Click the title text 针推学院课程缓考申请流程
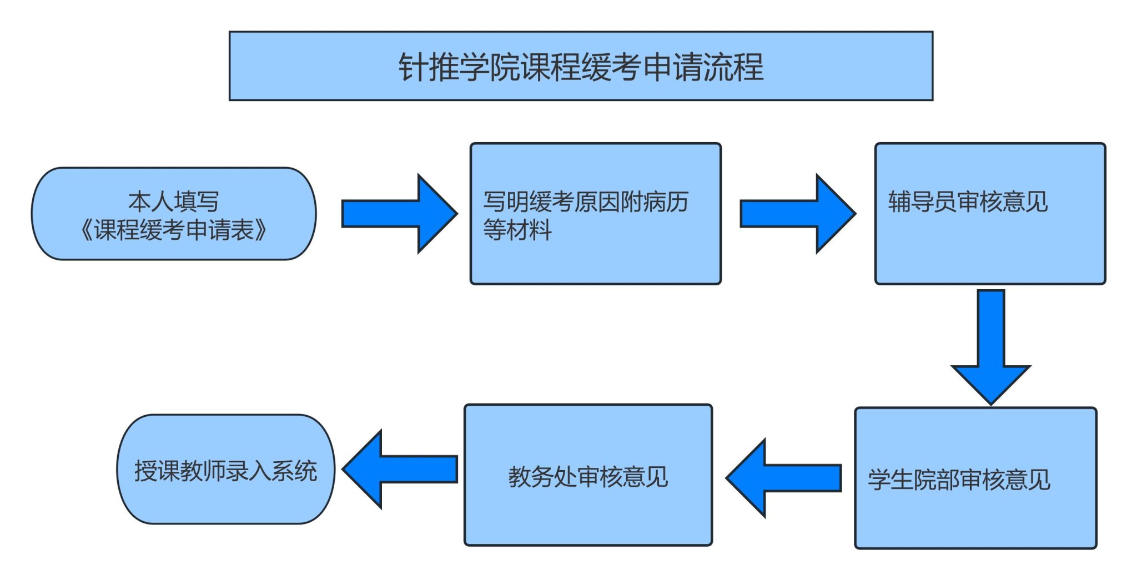581,67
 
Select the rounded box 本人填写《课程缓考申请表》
174,214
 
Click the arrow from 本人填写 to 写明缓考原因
399,214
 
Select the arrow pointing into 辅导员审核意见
797,214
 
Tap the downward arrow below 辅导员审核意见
991,347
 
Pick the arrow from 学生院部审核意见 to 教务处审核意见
784,478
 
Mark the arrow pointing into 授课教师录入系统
400,469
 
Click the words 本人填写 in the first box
174,201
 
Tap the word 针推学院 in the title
459,67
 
